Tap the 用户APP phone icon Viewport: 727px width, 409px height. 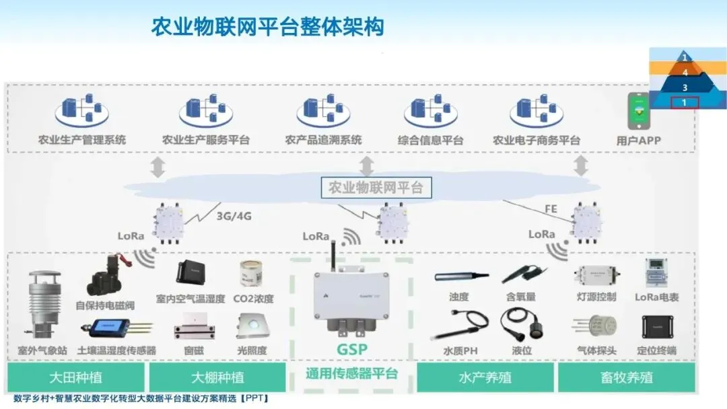pyautogui.click(x=638, y=112)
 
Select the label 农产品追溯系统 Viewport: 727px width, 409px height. pyautogui.click(x=323, y=140)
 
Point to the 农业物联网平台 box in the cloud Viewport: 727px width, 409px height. pyautogui.click(x=376, y=188)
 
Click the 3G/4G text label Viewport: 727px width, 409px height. pyautogui.click(x=234, y=217)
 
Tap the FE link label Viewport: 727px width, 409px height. pyautogui.click(x=550, y=209)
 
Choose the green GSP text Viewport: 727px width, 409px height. pyautogui.click(x=353, y=350)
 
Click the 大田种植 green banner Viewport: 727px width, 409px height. pyautogui.click(x=76, y=377)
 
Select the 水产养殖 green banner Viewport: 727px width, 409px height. pyautogui.click(x=484, y=377)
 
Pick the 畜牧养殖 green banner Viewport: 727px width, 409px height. pyautogui.click(x=627, y=377)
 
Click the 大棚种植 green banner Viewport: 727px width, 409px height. pyautogui.click(x=217, y=377)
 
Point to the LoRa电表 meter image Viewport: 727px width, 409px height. pyautogui.click(x=656, y=273)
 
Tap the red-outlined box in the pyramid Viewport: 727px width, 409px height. pyautogui.click(x=685, y=102)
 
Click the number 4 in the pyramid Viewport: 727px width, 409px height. pyautogui.click(x=685, y=72)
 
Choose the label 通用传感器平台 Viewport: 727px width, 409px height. pyautogui.click(x=351, y=374)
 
